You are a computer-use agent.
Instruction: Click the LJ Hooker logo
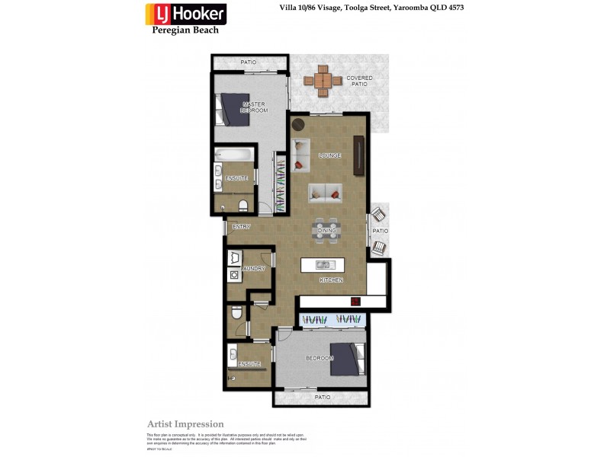(186, 14)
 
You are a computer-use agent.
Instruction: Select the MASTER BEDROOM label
(255, 107)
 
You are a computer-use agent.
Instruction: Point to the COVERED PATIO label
(359, 81)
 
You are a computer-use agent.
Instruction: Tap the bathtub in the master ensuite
(234, 155)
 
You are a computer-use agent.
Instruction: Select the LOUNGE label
(329, 155)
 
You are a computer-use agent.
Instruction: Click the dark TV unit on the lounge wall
(358, 155)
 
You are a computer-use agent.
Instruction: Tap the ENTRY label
(241, 226)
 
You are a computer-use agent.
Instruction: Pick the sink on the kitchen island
(323, 265)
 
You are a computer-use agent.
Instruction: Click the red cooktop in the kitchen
(355, 302)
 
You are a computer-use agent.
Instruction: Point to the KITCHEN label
(331, 281)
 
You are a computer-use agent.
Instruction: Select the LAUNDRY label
(253, 269)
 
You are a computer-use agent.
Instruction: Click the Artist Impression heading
(185, 424)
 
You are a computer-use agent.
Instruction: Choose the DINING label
(327, 230)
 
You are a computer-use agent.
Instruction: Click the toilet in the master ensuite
(242, 204)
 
